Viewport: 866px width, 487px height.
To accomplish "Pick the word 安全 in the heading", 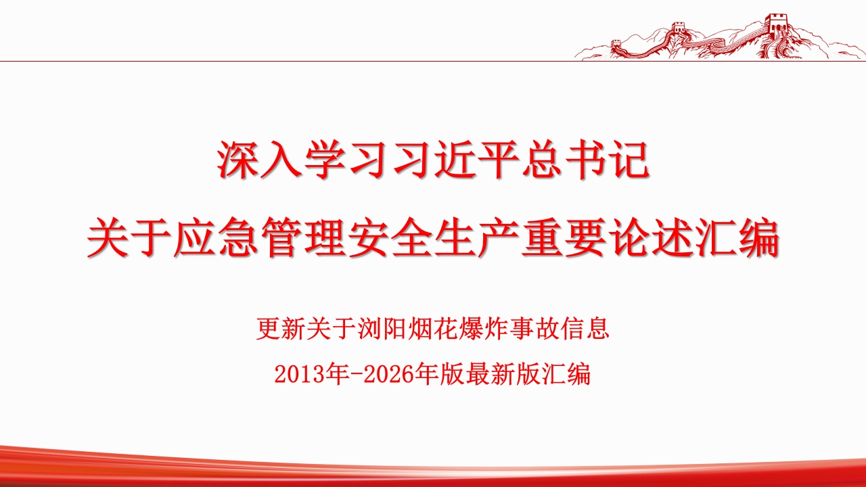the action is pyautogui.click(x=390, y=237).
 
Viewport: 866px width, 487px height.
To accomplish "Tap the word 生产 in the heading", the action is pyautogui.click(x=477, y=237).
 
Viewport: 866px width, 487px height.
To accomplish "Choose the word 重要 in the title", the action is pyautogui.click(x=564, y=237).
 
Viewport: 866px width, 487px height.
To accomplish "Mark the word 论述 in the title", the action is pyautogui.click(x=651, y=237).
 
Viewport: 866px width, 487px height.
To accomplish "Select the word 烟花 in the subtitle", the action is pyautogui.click(x=432, y=329).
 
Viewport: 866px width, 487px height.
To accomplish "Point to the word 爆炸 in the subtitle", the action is pyautogui.click(x=483, y=329).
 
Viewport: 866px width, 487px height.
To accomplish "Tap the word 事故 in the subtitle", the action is pyautogui.click(x=534, y=329).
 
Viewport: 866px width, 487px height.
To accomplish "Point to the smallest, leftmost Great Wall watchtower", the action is pyautogui.click(x=616, y=43).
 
